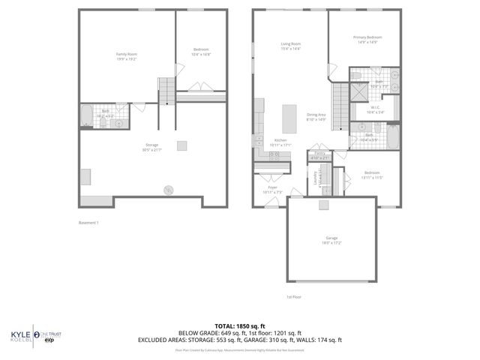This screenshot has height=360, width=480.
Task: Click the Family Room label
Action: (x=126, y=56)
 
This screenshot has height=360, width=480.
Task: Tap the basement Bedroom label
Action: (x=201, y=52)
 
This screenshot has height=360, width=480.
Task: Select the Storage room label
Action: (x=152, y=147)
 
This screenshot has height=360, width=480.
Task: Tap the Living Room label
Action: (x=290, y=46)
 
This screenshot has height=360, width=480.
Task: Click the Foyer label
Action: (x=271, y=189)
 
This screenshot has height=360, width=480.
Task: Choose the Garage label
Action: (x=331, y=240)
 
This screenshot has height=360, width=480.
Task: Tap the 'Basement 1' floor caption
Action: (x=88, y=223)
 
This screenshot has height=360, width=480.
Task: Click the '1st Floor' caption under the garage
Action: (x=293, y=296)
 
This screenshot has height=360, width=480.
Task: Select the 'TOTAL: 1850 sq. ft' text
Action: (x=240, y=325)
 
